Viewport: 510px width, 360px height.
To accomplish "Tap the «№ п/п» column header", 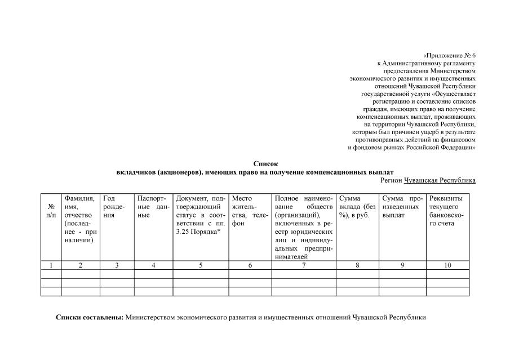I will pyautogui.click(x=51, y=211).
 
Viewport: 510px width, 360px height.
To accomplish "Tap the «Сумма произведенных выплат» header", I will pyautogui.click(x=402, y=207).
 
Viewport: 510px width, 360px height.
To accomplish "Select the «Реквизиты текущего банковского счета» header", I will pyautogui.click(x=447, y=211).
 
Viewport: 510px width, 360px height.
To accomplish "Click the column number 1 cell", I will pyautogui.click(x=51, y=265).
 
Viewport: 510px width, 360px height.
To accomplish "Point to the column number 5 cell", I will pyautogui.click(x=201, y=265).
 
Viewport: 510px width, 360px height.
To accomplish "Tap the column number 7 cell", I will pyautogui.click(x=304, y=265).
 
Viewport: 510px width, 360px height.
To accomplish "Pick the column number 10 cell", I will pyautogui.click(x=447, y=265).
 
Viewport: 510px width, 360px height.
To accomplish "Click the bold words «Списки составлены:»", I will pyautogui.click(x=90, y=318).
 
